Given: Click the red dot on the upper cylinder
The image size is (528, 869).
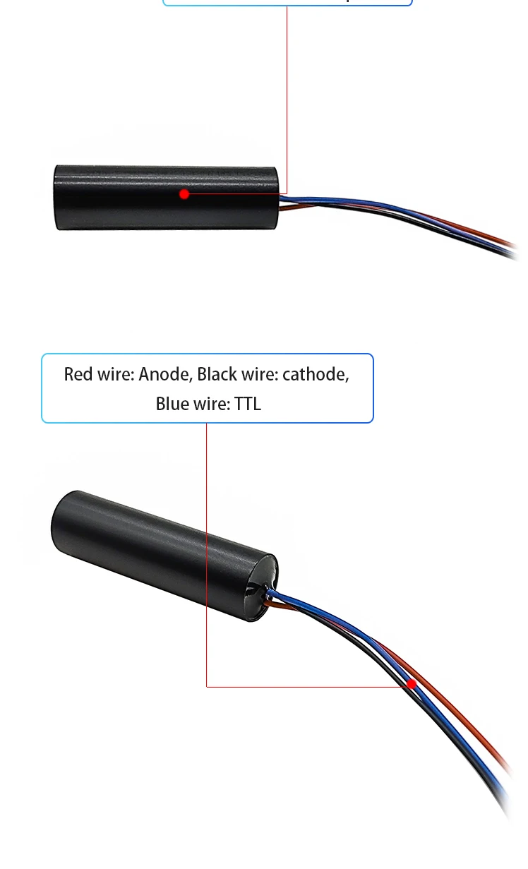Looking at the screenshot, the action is (184, 193).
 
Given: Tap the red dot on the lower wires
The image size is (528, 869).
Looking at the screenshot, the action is (412, 684).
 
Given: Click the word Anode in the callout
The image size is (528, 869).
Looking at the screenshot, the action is (164, 374).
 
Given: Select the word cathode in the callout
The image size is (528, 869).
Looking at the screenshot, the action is (316, 374).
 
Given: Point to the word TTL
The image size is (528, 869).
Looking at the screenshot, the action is (247, 404).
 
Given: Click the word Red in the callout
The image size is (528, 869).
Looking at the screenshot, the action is (77, 374).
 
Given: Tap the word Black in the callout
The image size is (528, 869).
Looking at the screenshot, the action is (216, 374).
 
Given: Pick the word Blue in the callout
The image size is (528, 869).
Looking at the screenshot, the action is (172, 404).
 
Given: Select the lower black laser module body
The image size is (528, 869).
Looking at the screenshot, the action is (162, 551).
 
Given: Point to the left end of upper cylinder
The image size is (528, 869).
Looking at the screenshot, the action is (56, 198).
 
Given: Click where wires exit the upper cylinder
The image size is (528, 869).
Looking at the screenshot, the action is (282, 203).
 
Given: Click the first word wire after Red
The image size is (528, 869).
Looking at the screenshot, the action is (114, 374).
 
